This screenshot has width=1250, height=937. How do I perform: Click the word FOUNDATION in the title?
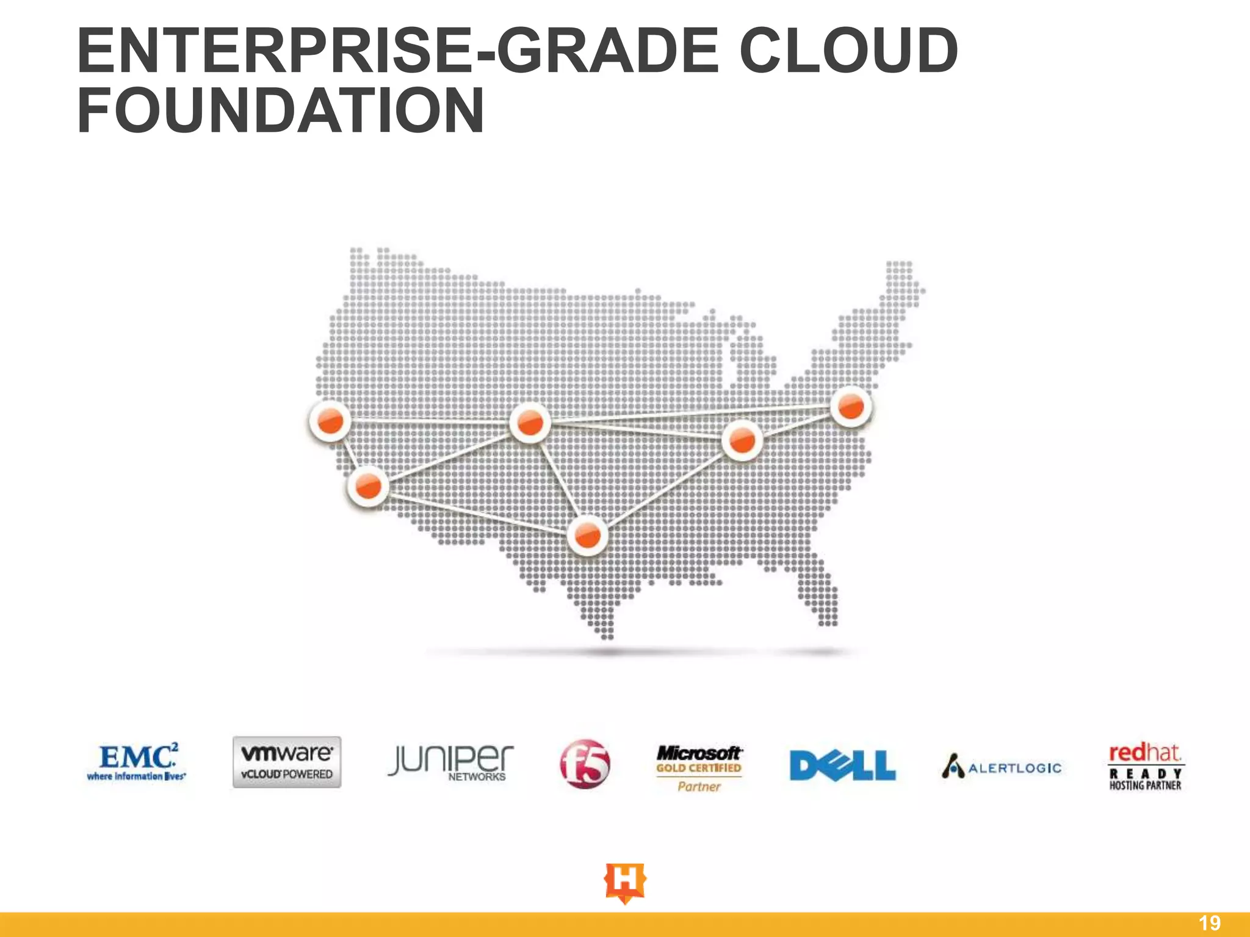pyautogui.click(x=281, y=110)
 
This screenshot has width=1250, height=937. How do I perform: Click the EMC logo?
pyautogui.click(x=137, y=763)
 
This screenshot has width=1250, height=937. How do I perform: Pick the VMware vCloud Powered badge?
pyautogui.click(x=287, y=763)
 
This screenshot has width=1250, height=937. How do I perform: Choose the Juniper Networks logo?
pyautogui.click(x=450, y=763)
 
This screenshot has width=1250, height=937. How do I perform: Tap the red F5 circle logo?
pyautogui.click(x=585, y=764)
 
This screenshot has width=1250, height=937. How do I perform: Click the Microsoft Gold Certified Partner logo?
pyautogui.click(x=699, y=767)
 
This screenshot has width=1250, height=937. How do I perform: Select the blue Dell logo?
pyautogui.click(x=842, y=766)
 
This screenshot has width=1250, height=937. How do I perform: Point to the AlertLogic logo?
pyautogui.click(x=1002, y=767)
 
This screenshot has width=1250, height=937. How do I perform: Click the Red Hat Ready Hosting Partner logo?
pyautogui.click(x=1146, y=766)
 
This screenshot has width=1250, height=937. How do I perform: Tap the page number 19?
pyautogui.click(x=1210, y=923)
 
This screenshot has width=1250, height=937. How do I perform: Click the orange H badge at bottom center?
pyautogui.click(x=624, y=882)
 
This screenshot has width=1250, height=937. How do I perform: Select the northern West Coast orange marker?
pyautogui.click(x=330, y=420)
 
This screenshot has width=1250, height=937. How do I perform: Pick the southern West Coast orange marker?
pyautogui.click(x=368, y=486)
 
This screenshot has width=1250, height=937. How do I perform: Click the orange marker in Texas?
pyautogui.click(x=588, y=536)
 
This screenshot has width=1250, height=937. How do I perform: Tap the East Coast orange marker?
pyautogui.click(x=851, y=406)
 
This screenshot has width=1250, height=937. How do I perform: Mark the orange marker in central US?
pyautogui.click(x=530, y=422)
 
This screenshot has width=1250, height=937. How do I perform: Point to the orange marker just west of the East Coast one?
pyautogui.click(x=742, y=440)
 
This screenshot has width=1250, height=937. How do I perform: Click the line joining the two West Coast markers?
pyautogui.click(x=349, y=453)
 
